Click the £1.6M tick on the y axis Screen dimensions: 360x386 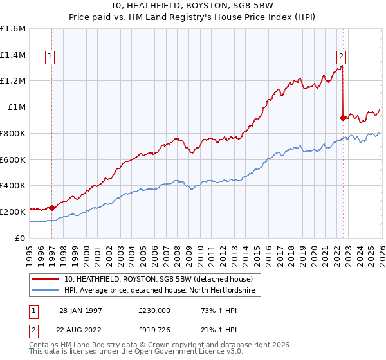coord(13,29)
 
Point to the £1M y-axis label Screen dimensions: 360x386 coord(16,107)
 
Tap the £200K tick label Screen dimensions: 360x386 coord(13,212)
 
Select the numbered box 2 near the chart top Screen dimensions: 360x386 coord(340,55)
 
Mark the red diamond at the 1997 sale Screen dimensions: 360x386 coord(51,208)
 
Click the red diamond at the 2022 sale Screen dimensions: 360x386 coord(343,118)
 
